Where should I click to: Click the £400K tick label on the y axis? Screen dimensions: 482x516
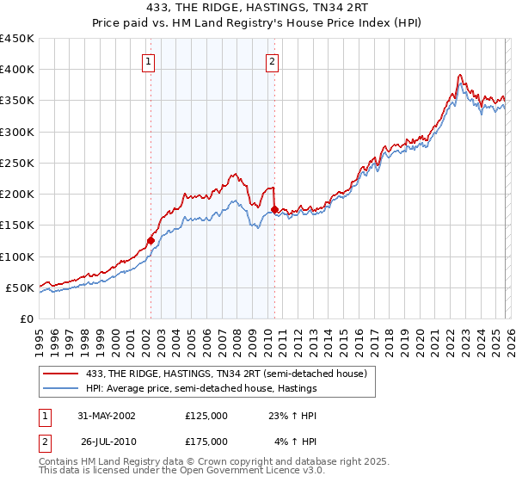[16, 70]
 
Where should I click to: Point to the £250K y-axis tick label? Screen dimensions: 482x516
[16, 163]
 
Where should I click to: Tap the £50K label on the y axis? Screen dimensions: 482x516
[20, 287]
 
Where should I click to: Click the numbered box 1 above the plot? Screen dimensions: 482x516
[150, 61]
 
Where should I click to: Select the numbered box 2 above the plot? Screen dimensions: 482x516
[272, 61]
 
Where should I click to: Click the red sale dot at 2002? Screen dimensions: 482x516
[150, 241]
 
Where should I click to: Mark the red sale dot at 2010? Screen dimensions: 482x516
[274, 209]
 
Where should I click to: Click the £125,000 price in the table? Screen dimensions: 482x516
[206, 416]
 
